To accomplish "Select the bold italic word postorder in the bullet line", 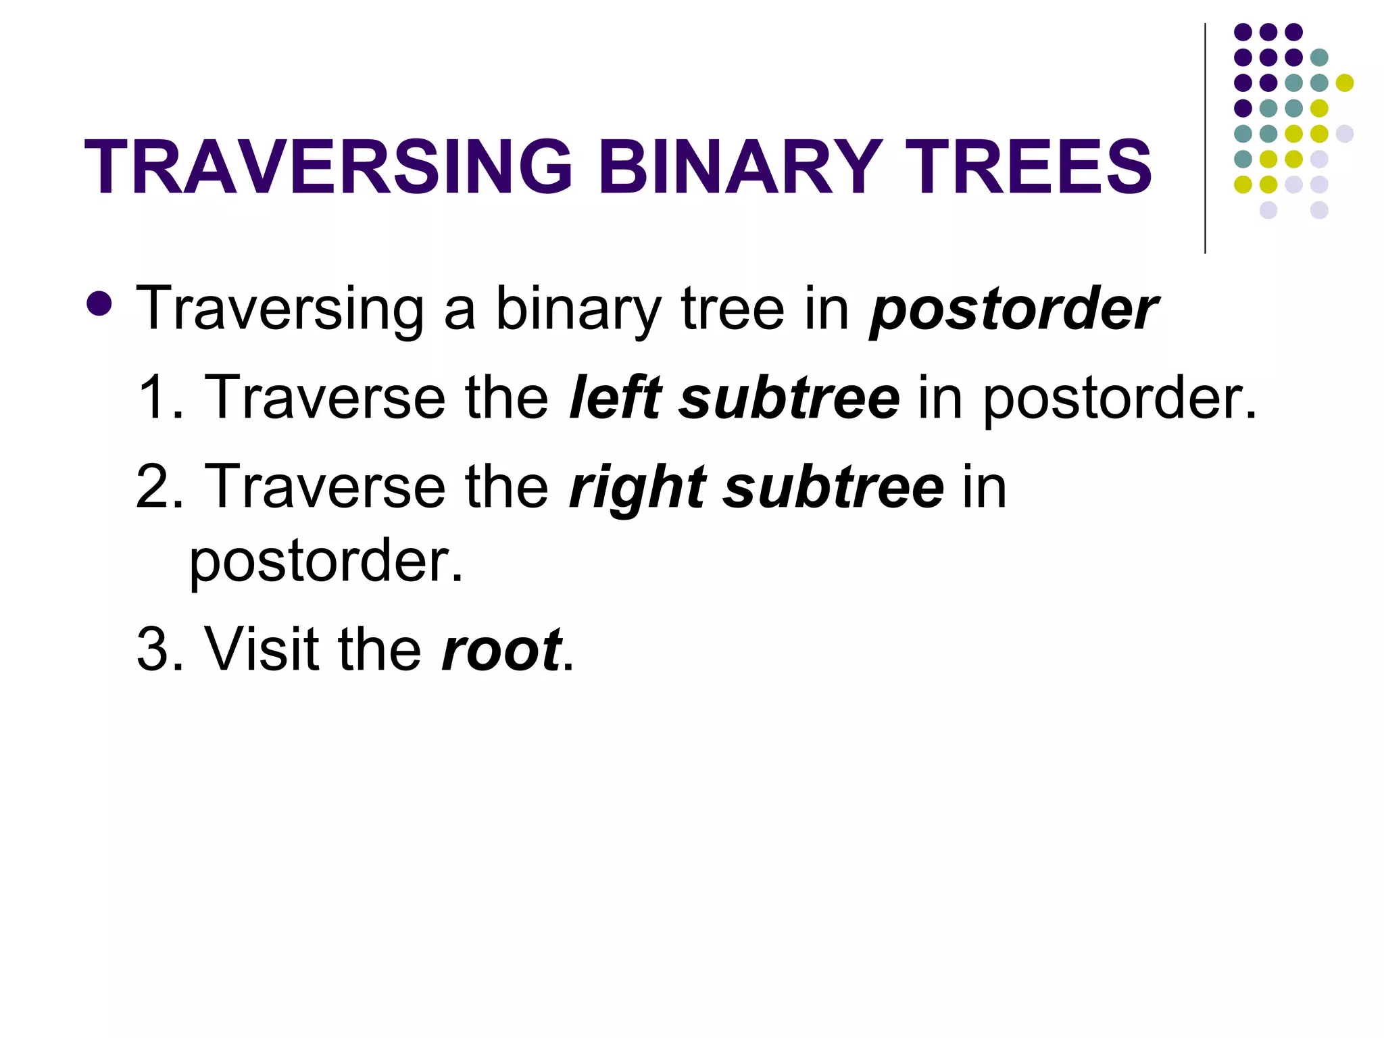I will click(x=1014, y=310).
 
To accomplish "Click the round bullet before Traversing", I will click(x=100, y=305).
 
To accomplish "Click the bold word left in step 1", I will click(x=614, y=397).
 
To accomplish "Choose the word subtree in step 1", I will click(x=789, y=397).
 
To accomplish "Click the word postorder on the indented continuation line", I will click(x=326, y=562).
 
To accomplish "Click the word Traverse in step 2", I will click(x=325, y=487).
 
